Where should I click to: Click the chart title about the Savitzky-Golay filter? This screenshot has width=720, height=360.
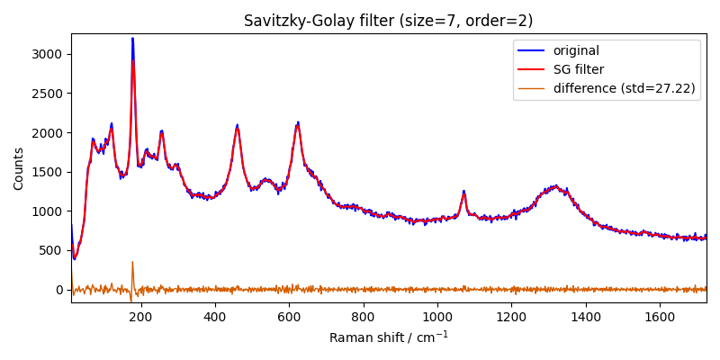coord(388,21)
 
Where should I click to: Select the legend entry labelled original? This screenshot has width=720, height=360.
coord(576,50)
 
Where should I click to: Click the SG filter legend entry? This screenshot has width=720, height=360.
coord(578,69)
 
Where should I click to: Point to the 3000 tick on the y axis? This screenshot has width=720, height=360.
coord(46,54)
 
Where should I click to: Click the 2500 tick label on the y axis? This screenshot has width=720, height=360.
coord(46,94)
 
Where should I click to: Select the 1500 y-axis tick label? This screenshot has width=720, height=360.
coord(46,172)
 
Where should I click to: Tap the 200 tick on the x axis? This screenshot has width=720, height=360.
coord(140,317)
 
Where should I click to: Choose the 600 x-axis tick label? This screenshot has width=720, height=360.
coord(289,317)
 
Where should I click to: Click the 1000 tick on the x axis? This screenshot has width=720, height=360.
coord(437,317)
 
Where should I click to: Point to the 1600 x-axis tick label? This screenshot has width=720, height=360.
coord(660,317)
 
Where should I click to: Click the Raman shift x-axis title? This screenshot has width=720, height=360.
coord(388,337)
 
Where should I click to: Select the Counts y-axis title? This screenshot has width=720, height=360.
coord(19,168)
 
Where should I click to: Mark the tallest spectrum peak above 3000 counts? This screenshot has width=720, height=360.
coord(132,39)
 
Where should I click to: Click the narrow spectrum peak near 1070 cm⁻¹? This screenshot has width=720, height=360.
coord(464,192)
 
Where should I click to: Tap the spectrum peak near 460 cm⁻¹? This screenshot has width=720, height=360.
coord(238,126)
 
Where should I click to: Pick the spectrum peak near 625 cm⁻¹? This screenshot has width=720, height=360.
coord(298,123)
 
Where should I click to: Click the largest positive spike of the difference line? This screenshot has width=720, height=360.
coord(132,263)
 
